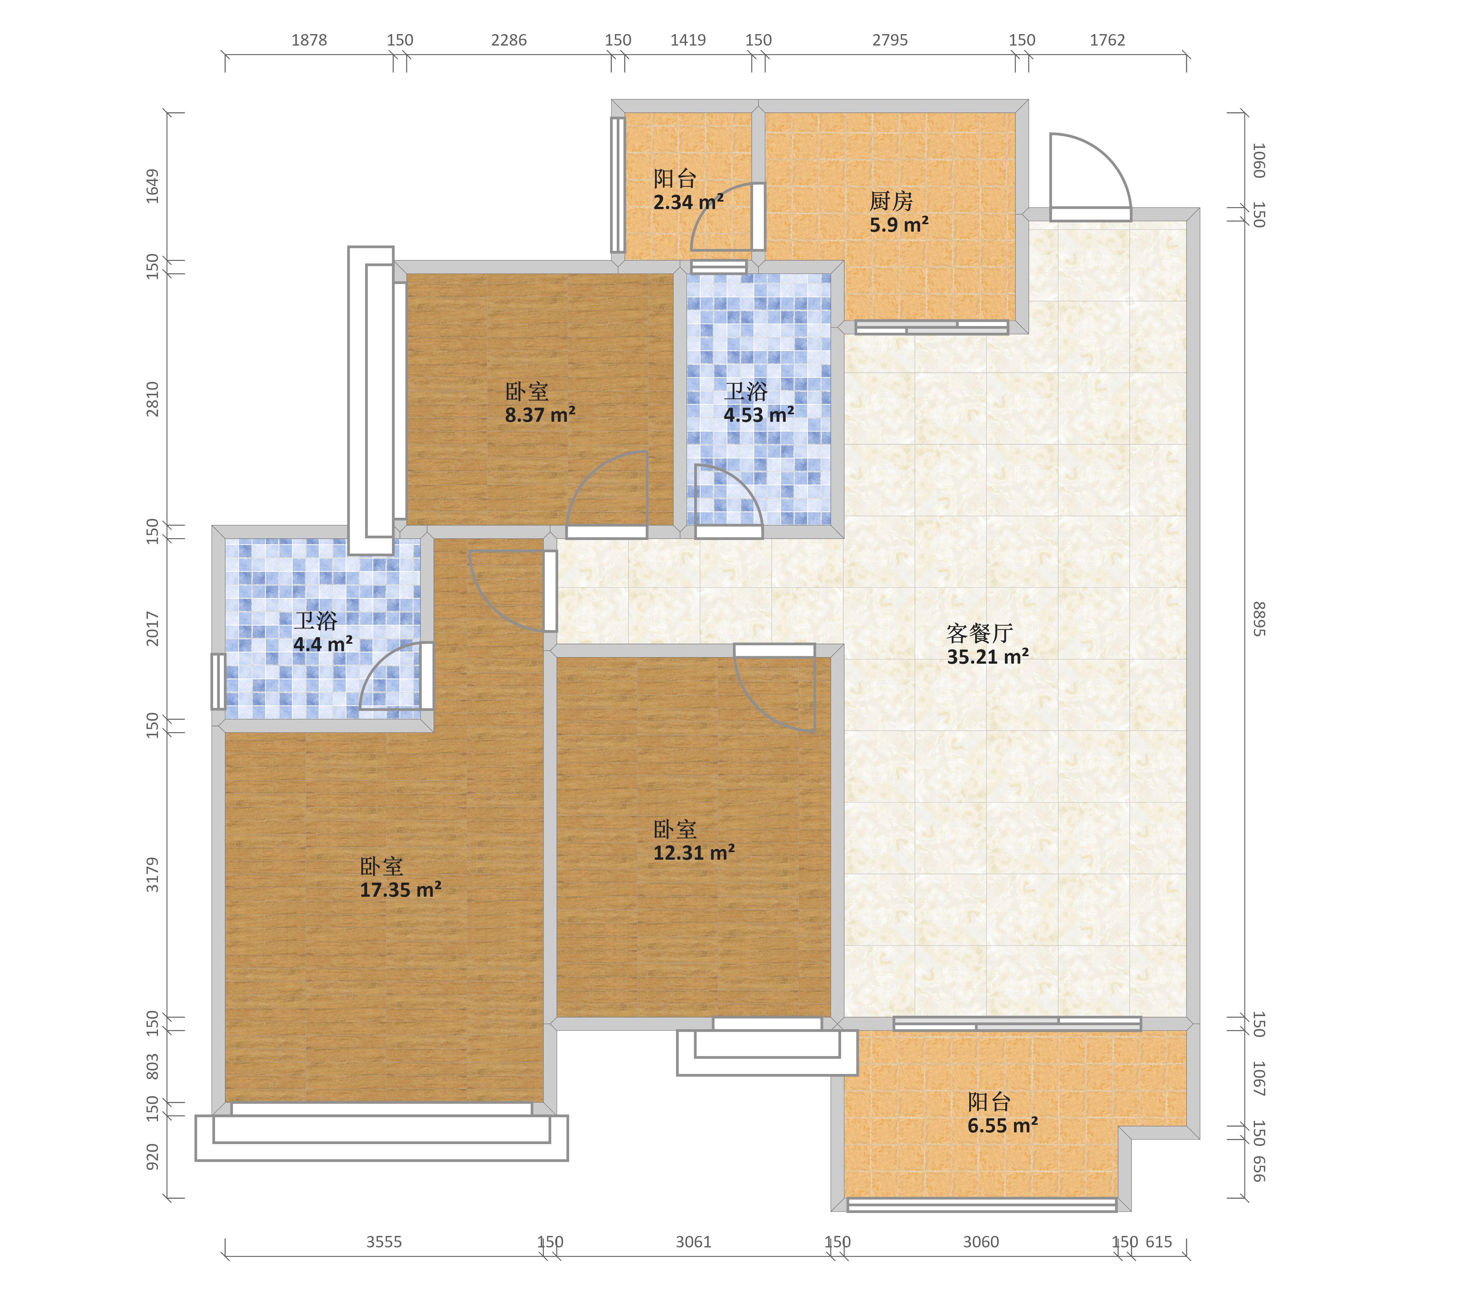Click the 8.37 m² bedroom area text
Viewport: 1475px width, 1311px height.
coord(540,415)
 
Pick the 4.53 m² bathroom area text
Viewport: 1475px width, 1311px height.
coord(758,415)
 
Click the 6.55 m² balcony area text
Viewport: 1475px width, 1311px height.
coord(1002,1125)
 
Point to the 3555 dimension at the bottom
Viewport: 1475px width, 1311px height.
coord(384,1242)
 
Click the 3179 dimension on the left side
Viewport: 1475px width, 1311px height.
coord(152,874)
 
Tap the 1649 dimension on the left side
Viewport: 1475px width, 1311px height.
coord(152,186)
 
